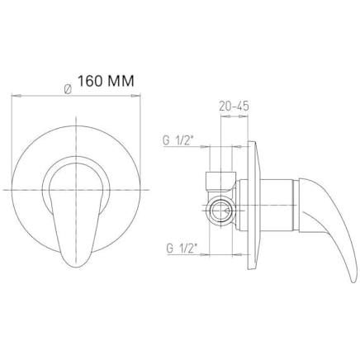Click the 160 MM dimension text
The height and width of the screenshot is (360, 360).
point(106,81)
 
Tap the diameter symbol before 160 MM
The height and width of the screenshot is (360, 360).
point(68,89)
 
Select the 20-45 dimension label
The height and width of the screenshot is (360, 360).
point(234,106)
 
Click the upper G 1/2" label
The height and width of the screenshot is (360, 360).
point(179,140)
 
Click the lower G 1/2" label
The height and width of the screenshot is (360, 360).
point(182,249)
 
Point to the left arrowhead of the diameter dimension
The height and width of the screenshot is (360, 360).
point(16,96)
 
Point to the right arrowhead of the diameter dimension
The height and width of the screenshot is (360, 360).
point(135,96)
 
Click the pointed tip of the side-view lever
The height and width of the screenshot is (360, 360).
point(353,281)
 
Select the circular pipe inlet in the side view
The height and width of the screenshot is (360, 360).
point(221,211)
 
